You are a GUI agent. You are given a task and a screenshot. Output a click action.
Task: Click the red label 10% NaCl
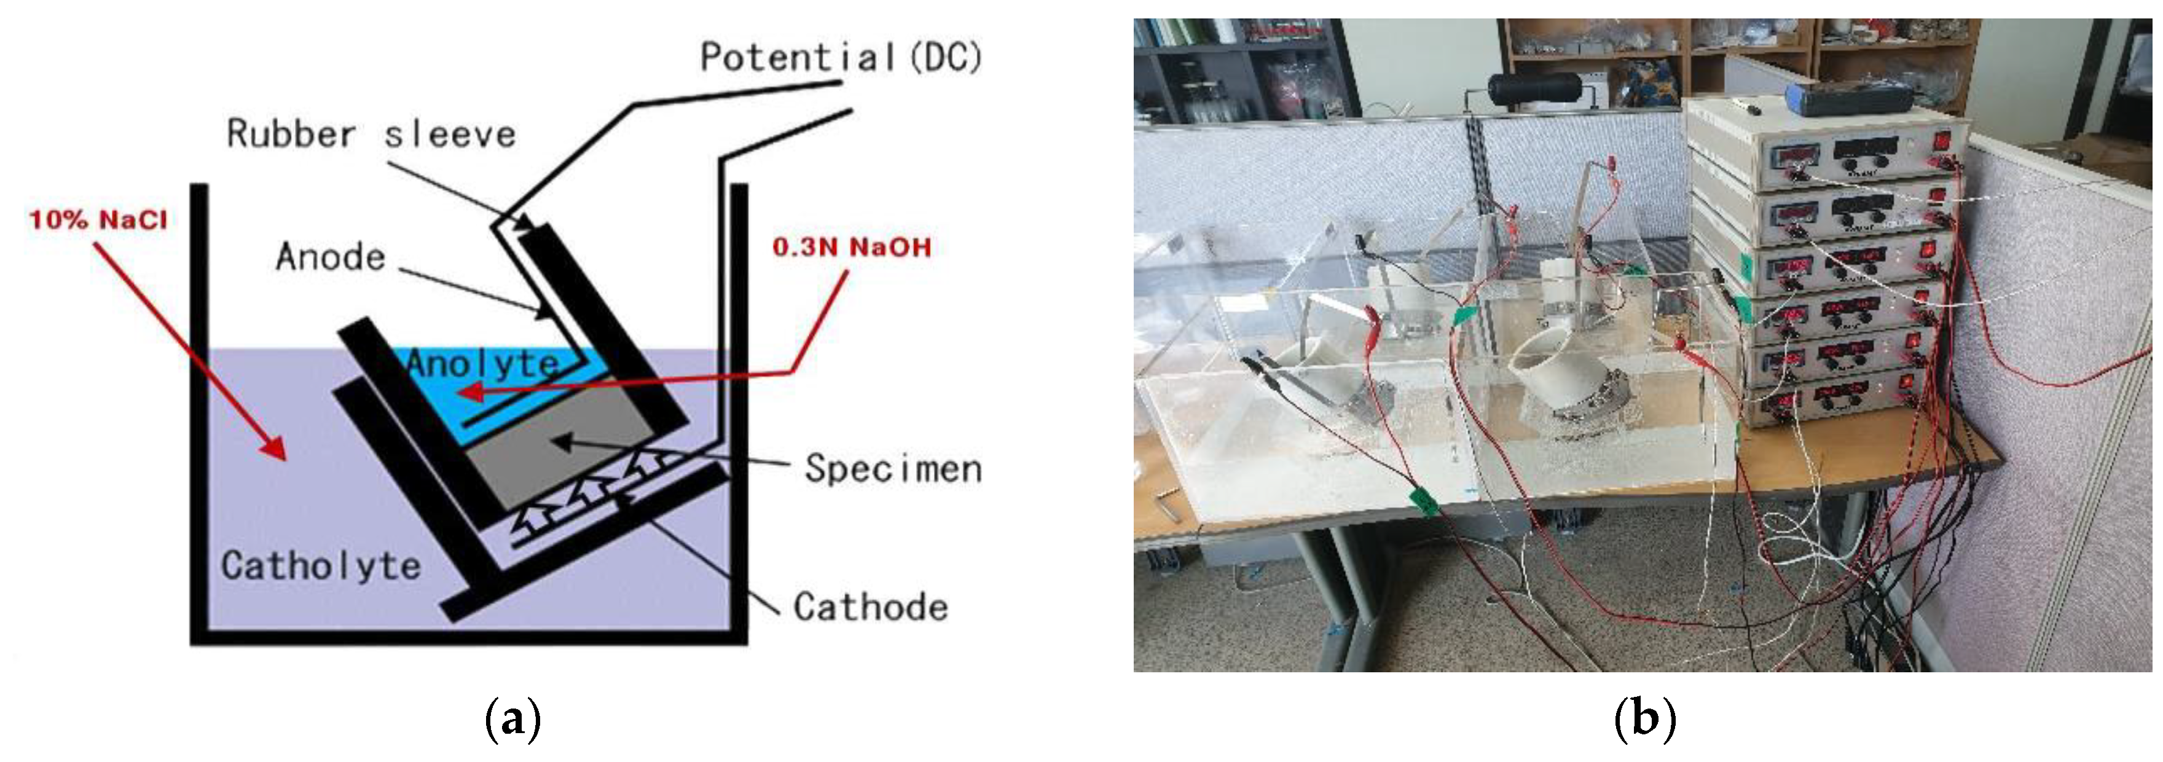(x=98, y=220)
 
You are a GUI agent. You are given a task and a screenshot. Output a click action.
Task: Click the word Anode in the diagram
(x=330, y=257)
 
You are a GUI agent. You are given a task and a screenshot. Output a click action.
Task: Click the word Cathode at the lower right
(x=870, y=607)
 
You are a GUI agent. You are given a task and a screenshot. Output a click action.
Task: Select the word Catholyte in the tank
(x=320, y=566)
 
